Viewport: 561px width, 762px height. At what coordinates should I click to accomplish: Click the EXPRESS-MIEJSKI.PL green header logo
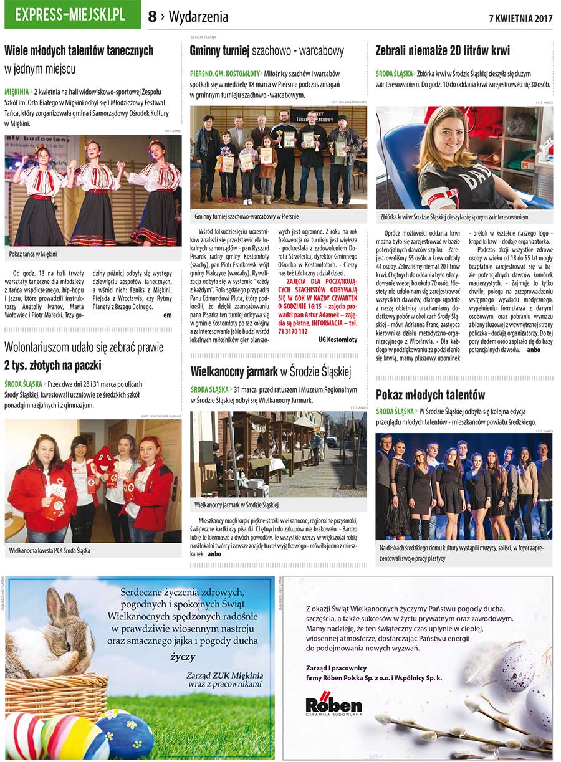pyautogui.click(x=72, y=15)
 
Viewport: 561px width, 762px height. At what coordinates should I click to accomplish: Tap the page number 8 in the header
pyautogui.click(x=152, y=17)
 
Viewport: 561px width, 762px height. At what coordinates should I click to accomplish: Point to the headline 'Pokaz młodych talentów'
pyautogui.click(x=430, y=395)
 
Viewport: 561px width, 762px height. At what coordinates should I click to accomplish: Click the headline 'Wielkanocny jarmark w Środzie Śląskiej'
pyautogui.click(x=271, y=373)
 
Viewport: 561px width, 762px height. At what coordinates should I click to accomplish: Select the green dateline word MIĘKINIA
pyautogui.click(x=17, y=92)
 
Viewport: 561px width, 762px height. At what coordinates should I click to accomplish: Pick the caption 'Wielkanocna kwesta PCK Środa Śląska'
pyautogui.click(x=50, y=551)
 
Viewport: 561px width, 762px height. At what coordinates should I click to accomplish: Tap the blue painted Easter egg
pyautogui.click(x=125, y=736)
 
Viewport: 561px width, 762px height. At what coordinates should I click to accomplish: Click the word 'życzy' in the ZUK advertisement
pyautogui.click(x=183, y=657)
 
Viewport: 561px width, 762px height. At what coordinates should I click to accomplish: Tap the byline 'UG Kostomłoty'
pyautogui.click(x=338, y=340)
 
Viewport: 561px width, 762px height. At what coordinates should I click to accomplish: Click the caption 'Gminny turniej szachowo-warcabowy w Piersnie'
pyautogui.click(x=246, y=216)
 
